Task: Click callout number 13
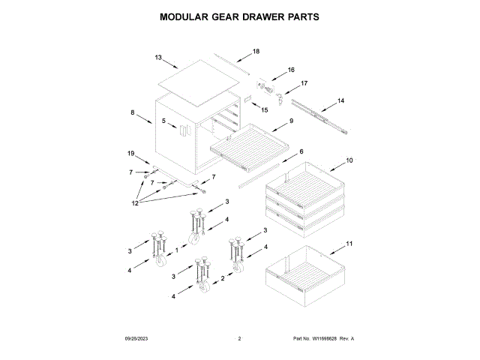[x=158, y=57]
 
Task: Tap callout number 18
[x=256, y=52]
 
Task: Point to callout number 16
[x=291, y=70]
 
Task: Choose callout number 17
[x=304, y=83]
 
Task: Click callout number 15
[x=264, y=109]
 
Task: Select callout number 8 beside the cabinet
[x=133, y=112]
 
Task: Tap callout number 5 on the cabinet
[x=163, y=120]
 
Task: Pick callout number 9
[x=291, y=121]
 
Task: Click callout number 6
[x=301, y=151]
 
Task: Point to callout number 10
[x=349, y=160]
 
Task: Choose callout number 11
[x=348, y=244]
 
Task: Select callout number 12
[x=136, y=202]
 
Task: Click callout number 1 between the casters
[x=177, y=249]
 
